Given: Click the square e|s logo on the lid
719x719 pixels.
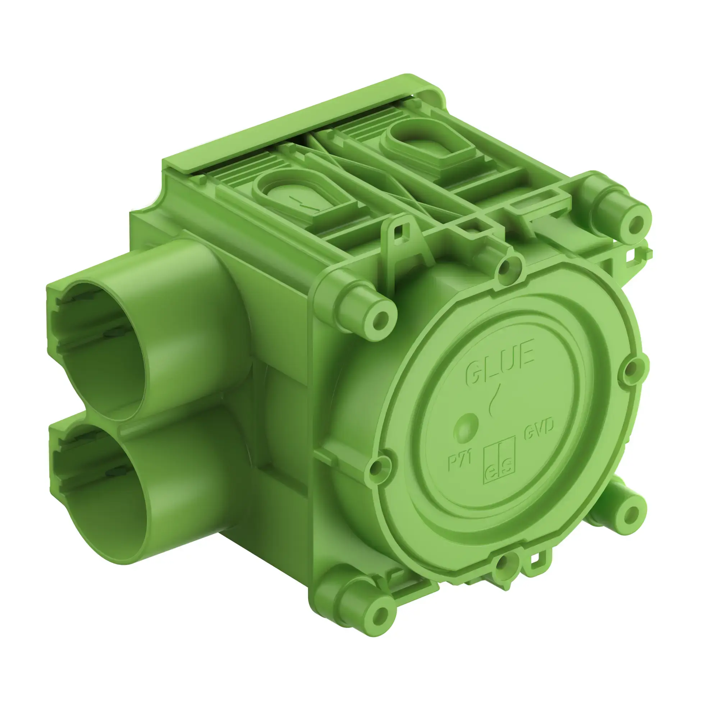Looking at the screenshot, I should (x=499, y=460).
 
